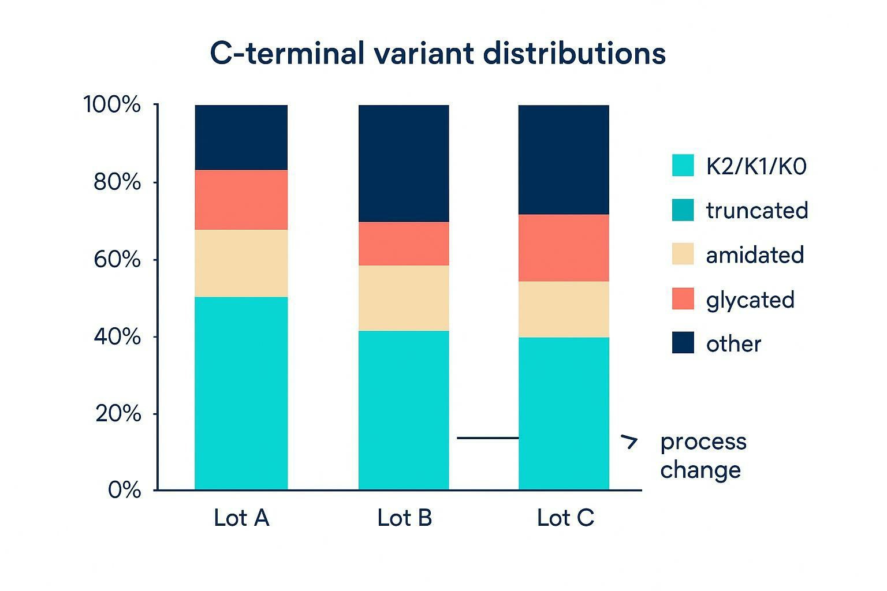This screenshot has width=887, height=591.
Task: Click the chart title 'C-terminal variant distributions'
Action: click(438, 53)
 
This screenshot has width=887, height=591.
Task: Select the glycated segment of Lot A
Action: click(241, 200)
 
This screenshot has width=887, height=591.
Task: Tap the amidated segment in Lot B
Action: click(404, 298)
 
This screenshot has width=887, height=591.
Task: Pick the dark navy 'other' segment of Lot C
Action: click(564, 159)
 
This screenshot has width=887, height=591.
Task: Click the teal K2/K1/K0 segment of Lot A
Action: click(241, 393)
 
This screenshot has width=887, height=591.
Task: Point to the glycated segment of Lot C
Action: click(564, 248)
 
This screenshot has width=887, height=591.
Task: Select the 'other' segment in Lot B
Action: click(404, 163)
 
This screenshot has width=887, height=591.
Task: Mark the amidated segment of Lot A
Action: click(241, 263)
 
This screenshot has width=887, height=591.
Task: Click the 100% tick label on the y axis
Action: click(112, 105)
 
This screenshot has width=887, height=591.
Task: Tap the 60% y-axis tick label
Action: click(117, 260)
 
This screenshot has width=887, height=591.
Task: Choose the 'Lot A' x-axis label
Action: click(241, 518)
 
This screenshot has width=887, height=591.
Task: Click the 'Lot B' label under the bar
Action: click(404, 518)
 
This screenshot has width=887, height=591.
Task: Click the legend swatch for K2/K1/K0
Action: click(683, 166)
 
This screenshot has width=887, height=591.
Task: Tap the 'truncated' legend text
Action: click(756, 210)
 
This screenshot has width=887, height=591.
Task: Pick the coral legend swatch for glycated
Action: click(683, 299)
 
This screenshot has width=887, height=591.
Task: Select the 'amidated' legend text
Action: click(755, 255)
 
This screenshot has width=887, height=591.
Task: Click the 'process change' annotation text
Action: click(703, 455)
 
